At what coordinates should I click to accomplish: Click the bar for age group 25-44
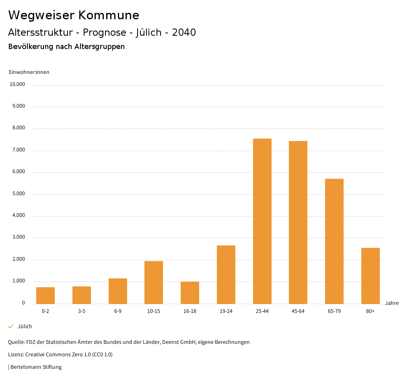pos(262,221)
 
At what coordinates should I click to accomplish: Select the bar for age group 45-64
pos(298,222)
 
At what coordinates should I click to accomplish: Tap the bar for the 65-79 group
pos(334,241)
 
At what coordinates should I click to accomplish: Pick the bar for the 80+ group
pos(370,276)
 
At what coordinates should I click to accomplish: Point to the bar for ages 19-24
pos(226,274)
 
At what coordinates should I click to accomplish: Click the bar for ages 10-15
pos(154,282)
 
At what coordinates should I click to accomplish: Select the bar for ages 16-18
pos(190,292)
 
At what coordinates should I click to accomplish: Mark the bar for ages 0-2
pos(45,295)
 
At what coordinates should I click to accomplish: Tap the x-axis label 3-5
pos(82,311)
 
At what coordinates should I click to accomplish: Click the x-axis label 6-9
pos(118,311)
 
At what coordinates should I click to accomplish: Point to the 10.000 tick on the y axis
pos(18,84)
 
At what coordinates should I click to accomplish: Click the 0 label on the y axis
pos(23,303)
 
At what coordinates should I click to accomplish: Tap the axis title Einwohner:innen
pos(29,72)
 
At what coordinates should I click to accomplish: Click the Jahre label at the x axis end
pos(391,303)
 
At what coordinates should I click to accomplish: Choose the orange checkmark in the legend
pos(11,327)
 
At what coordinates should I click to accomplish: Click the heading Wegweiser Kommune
pos(74,15)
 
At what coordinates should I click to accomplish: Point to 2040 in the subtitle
pos(184,33)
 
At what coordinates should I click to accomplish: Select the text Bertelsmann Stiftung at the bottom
pos(36,367)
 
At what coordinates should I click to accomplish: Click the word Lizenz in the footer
pos(16,355)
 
